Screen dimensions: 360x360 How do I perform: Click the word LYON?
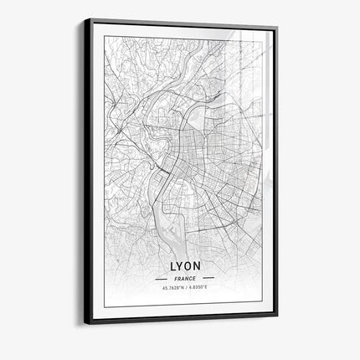click(184, 262)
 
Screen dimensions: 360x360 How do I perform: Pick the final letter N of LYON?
click(202, 262)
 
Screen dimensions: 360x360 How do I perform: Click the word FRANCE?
click(184, 277)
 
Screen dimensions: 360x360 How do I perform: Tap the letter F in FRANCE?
click(175, 277)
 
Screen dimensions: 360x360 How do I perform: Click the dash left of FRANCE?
click(160, 277)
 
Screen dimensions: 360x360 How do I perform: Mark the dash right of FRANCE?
click(208, 277)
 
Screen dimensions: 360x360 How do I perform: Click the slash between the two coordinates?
click(186, 289)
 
